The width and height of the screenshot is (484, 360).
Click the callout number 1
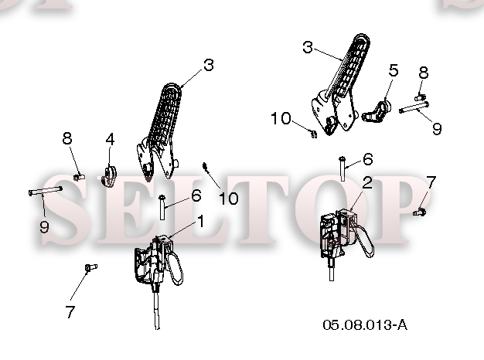(201, 221)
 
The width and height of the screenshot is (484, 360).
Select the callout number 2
(367, 182)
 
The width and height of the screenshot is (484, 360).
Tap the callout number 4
(110, 139)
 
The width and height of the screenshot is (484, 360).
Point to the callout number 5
(394, 70)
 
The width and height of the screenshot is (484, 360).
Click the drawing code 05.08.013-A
(365, 324)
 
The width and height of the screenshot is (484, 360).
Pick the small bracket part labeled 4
(109, 176)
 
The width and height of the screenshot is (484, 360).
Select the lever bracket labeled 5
(377, 112)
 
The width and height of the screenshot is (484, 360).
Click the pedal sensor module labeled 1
(158, 262)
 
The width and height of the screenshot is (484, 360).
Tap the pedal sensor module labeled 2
(346, 232)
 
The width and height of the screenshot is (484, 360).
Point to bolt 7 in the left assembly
(90, 267)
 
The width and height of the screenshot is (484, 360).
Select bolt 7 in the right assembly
(420, 212)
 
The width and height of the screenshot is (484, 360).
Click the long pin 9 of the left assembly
(46, 191)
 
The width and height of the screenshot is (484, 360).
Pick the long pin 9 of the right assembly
(414, 107)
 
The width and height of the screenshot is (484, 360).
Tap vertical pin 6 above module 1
(162, 207)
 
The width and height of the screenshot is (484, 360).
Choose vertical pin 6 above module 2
(343, 168)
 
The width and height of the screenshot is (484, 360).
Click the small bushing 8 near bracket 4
(79, 177)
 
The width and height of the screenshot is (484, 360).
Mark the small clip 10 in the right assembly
(313, 134)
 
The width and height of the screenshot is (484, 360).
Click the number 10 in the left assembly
(229, 198)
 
